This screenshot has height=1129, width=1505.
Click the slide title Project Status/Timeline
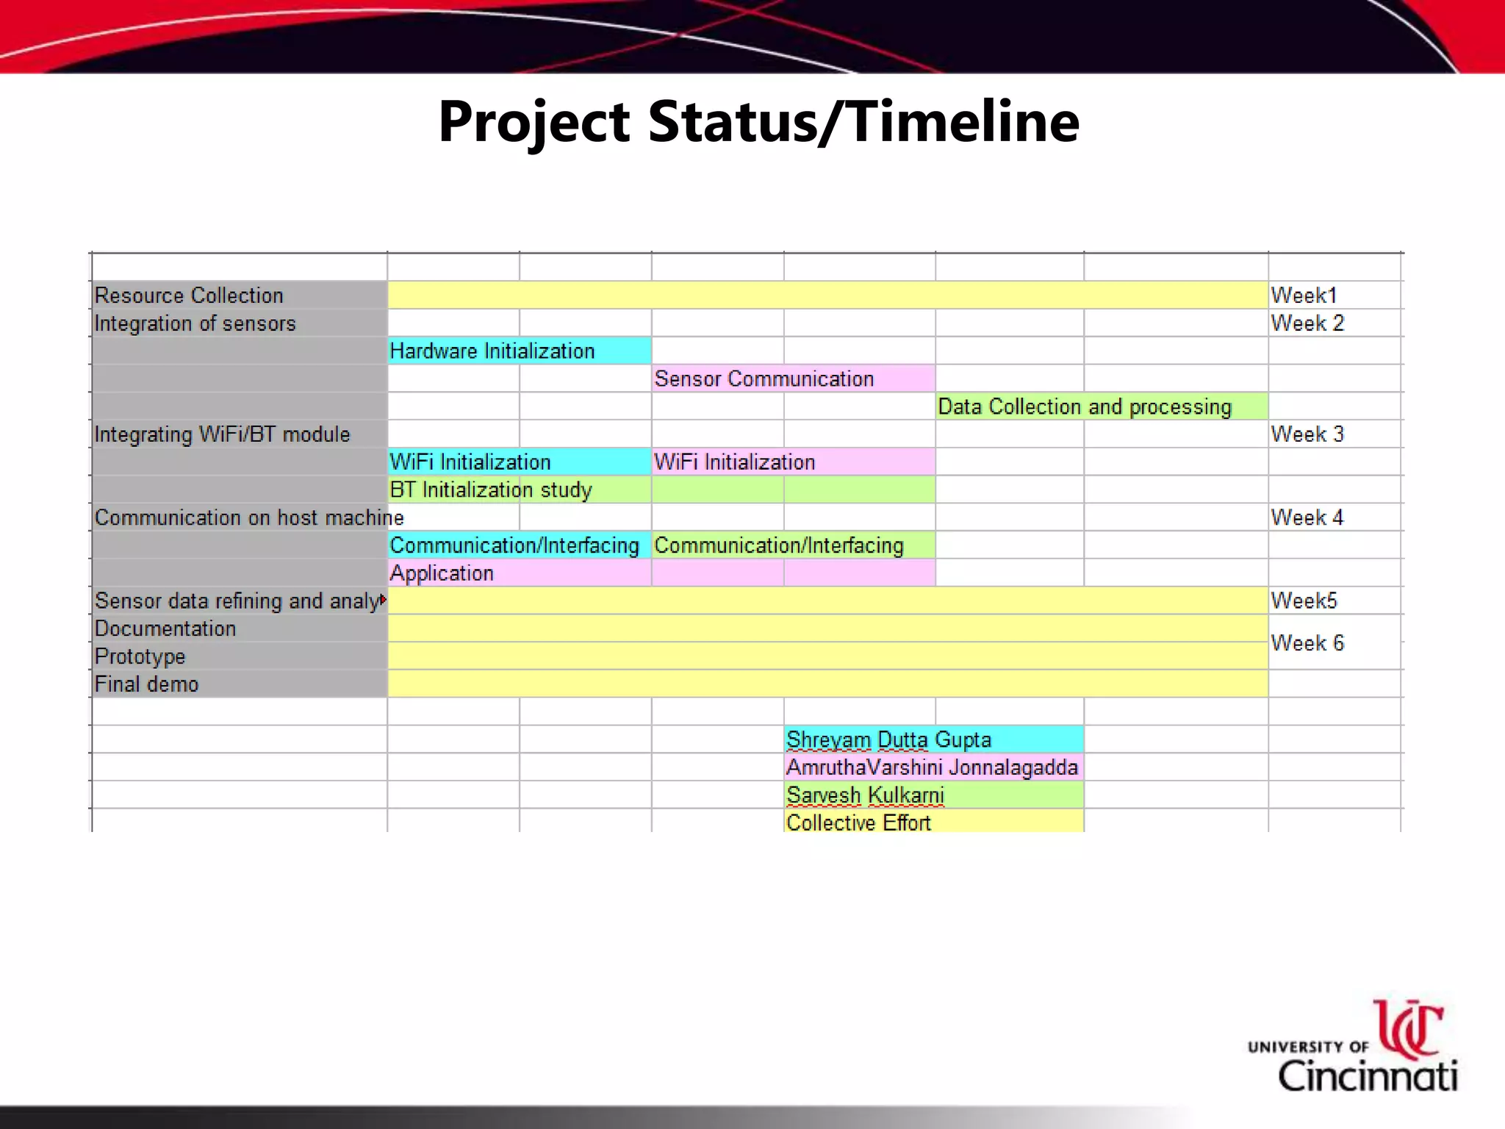click(x=758, y=121)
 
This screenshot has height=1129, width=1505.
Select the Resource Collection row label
click(x=189, y=295)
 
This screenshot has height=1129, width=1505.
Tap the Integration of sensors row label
click(x=195, y=323)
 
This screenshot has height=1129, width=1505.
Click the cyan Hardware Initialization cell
click(x=492, y=351)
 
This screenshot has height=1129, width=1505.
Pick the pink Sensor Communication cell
click(x=764, y=379)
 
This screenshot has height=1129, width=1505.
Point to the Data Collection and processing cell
click(x=1085, y=406)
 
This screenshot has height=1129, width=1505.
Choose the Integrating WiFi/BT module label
click(x=222, y=434)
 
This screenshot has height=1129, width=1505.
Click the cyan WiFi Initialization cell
click(x=470, y=462)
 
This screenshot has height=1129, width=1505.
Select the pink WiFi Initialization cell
click(x=735, y=462)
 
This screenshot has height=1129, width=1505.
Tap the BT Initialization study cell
click(x=491, y=490)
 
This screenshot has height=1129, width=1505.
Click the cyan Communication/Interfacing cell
click(x=514, y=545)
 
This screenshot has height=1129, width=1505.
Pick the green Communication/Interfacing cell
click(x=779, y=545)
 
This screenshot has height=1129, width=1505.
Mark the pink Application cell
click(x=442, y=573)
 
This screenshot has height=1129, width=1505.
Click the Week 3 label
click(x=1307, y=434)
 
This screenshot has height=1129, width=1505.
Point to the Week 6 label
click(x=1307, y=643)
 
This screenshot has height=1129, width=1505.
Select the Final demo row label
click(x=147, y=684)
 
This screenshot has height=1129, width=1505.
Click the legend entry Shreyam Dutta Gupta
click(x=889, y=739)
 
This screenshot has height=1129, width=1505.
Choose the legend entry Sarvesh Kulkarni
click(x=866, y=795)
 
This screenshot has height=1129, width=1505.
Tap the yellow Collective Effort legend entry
click(x=858, y=822)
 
